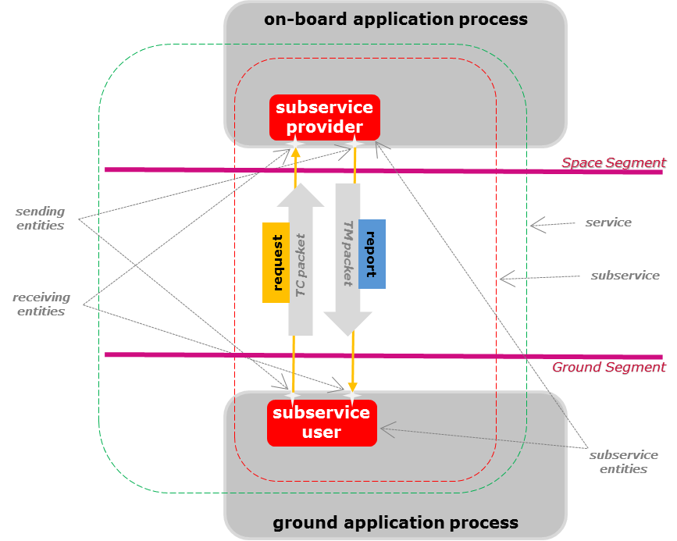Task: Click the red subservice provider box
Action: point(325,117)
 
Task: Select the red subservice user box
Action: point(322,422)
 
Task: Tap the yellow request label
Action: point(276,262)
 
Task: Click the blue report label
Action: point(372,254)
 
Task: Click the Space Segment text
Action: point(613,162)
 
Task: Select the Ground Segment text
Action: point(609,367)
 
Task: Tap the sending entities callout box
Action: point(41,219)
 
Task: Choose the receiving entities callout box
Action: point(41,304)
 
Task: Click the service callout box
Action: point(608,222)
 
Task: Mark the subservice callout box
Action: point(625,276)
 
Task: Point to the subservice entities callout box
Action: point(623,461)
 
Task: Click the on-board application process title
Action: point(396,20)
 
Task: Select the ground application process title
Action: point(395,522)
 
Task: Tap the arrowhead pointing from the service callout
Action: point(533,226)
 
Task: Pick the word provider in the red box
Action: point(325,127)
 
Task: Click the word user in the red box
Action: point(322,432)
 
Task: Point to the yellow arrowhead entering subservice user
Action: point(353,387)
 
